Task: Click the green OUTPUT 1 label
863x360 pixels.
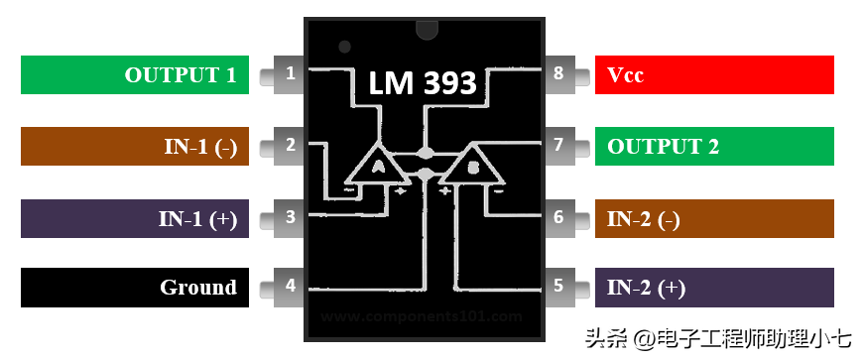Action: [135, 74]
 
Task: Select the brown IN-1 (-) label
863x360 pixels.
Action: [135, 146]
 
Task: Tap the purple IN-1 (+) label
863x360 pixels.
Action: [135, 218]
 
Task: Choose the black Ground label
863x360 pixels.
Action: [135, 288]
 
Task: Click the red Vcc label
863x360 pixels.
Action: [714, 74]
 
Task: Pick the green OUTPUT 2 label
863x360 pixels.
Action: [714, 146]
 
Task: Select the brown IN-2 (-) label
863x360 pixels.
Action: [714, 218]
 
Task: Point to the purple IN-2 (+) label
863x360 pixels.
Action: [714, 288]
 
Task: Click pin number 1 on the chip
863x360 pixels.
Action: [289, 73]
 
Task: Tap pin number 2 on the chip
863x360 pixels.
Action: [289, 145]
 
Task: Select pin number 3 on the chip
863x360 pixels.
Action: [289, 216]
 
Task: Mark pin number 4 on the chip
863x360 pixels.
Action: [289, 287]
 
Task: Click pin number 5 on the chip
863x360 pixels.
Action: [558, 287]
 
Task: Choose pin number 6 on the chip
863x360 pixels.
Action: [558, 216]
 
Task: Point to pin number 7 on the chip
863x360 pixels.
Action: [558, 145]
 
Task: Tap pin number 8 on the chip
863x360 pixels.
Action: [558, 73]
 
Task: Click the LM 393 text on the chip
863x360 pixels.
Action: [424, 83]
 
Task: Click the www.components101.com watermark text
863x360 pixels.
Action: [422, 316]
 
